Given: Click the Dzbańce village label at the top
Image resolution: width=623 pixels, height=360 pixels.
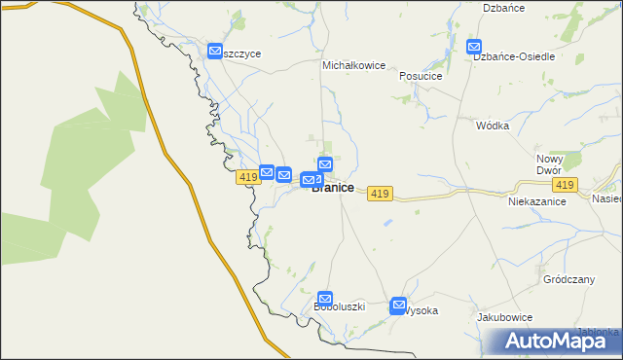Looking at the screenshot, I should pyautogui.click(x=504, y=8).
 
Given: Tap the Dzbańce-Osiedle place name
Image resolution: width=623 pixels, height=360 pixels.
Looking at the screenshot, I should pyautogui.click(x=514, y=56).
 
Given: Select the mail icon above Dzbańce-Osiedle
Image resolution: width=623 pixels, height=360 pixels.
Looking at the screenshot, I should pyautogui.click(x=474, y=46).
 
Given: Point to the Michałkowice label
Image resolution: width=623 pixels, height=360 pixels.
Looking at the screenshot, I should pyautogui.click(x=354, y=65).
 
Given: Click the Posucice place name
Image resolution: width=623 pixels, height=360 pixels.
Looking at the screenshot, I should pyautogui.click(x=420, y=76).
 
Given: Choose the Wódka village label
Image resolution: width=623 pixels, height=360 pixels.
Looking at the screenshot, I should pyautogui.click(x=494, y=126).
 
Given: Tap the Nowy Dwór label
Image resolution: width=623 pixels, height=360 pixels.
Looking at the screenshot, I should pyautogui.click(x=550, y=164).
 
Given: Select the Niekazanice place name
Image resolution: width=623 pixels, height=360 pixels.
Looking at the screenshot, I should pyautogui.click(x=537, y=201).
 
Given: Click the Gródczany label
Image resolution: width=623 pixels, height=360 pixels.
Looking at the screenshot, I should pyautogui.click(x=568, y=279).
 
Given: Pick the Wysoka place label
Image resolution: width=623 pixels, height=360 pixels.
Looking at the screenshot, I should pyautogui.click(x=421, y=311).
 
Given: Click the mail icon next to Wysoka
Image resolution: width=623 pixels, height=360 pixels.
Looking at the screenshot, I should pyautogui.click(x=398, y=306).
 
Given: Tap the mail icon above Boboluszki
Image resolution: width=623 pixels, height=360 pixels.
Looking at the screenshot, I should pyautogui.click(x=325, y=299).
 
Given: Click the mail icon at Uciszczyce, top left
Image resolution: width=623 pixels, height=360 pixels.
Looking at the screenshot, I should pyautogui.click(x=215, y=51).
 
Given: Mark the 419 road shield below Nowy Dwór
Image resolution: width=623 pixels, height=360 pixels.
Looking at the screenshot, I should pyautogui.click(x=564, y=184).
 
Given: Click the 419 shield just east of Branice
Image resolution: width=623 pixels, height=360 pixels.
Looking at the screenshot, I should pyautogui.click(x=380, y=195).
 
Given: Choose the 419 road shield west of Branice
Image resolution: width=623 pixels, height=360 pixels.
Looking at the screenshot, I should pyautogui.click(x=247, y=177).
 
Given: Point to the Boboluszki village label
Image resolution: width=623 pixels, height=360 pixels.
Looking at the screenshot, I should pyautogui.click(x=339, y=306).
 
